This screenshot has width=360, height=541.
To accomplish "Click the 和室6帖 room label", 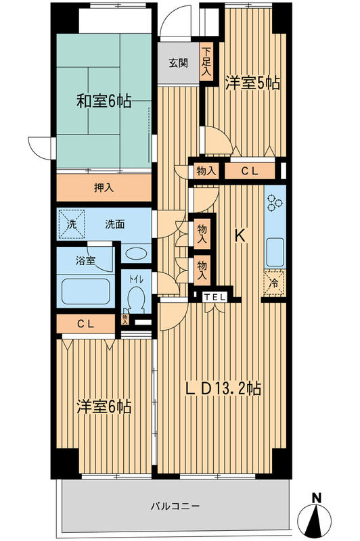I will (103, 103).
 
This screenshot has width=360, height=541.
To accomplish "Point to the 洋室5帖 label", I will (252, 84).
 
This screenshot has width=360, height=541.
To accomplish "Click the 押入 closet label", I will (104, 187).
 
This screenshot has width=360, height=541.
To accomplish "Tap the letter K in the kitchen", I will (240, 236).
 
